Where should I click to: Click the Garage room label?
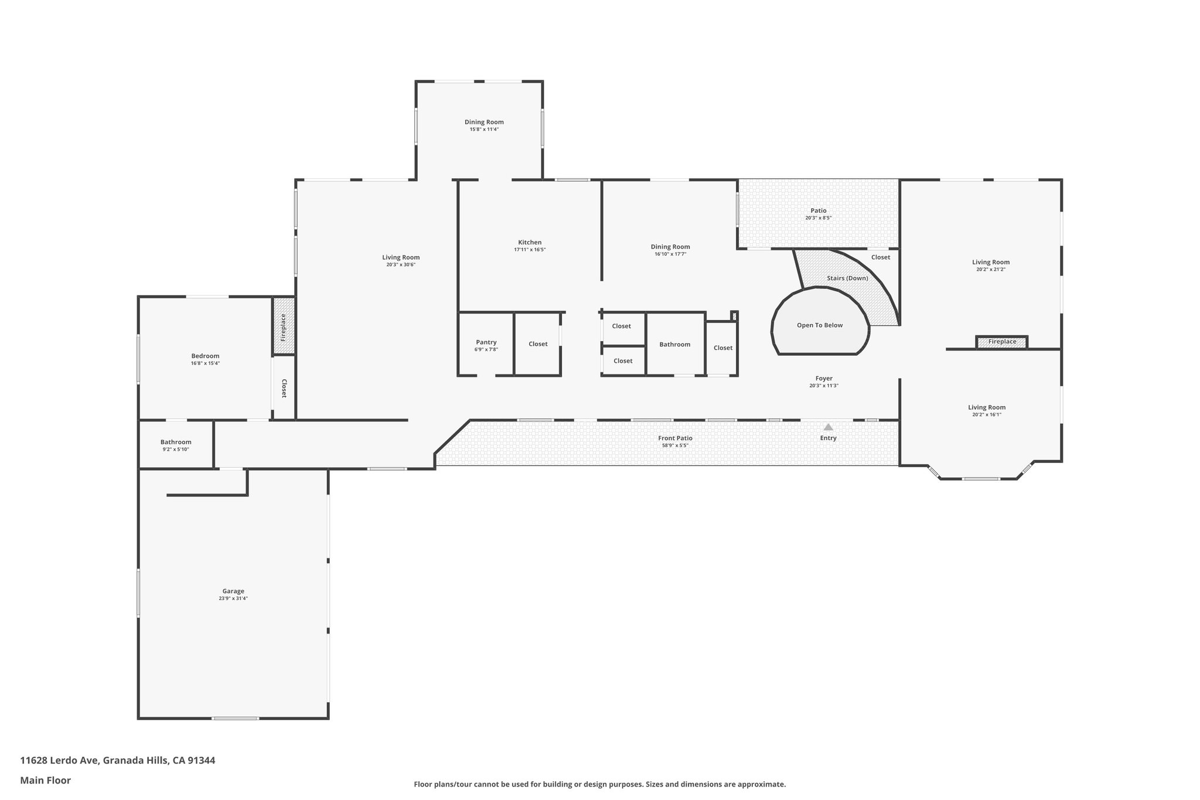tap(233, 591)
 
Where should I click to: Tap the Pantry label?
tap(486, 342)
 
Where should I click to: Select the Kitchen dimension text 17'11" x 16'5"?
tap(530, 250)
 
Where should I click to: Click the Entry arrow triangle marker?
tap(828, 427)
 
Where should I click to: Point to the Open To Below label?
tap(820, 325)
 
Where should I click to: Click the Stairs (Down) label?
tap(847, 278)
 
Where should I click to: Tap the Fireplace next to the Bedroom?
tap(284, 327)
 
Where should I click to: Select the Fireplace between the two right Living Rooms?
tap(1002, 342)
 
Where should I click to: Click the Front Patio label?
tap(675, 438)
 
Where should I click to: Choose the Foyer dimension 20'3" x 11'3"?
tap(824, 386)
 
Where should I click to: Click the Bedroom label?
tap(205, 356)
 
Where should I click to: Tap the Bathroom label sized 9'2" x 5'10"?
tap(176, 442)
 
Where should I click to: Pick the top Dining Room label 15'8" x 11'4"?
tap(484, 122)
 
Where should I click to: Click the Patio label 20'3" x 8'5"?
tap(819, 210)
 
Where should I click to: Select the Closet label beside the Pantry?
tap(538, 344)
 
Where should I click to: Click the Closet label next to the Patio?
tap(880, 257)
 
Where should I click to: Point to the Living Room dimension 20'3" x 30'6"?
tap(401, 265)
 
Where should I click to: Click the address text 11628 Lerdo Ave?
tap(117, 761)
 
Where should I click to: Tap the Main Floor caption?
tap(46, 780)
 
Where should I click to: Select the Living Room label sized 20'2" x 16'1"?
tap(987, 407)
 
